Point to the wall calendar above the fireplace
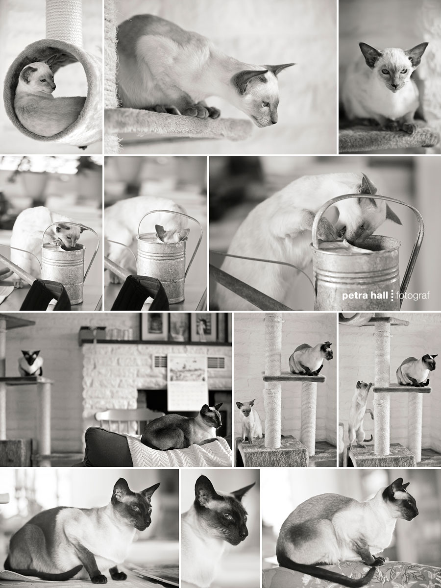pyautogui.click(x=187, y=382)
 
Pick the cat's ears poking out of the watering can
pyautogui.click(x=171, y=233)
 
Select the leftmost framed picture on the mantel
pyautogui.click(x=154, y=326)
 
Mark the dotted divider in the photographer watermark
pyautogui.click(x=392, y=295)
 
